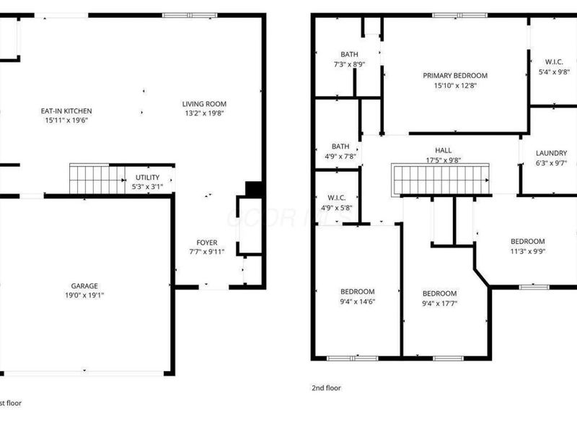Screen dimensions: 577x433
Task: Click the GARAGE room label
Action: [84, 286]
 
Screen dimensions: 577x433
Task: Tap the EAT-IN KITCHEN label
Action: [66, 111]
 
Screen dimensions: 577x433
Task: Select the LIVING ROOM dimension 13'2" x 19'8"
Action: [204, 113]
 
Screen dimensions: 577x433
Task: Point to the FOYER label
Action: [207, 242]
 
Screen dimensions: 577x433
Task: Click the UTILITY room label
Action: [148, 177]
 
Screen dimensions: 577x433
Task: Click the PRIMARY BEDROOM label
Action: [455, 76]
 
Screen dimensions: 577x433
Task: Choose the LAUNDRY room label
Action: [551, 153]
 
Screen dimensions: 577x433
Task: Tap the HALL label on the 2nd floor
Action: [444, 150]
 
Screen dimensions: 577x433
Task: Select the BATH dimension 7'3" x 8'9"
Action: [349, 64]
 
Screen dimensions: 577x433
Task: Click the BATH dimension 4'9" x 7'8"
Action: [340, 157]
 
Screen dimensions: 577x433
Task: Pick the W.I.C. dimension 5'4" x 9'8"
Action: [554, 72]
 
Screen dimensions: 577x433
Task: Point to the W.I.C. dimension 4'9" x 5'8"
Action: [337, 208]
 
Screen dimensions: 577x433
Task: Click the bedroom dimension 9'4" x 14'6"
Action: [358, 302]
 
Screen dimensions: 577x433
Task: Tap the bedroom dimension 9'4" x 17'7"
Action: [440, 304]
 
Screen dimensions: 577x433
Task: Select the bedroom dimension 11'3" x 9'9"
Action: [528, 251]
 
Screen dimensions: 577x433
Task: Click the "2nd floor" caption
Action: [327, 388]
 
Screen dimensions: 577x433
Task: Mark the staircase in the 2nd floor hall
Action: [440, 179]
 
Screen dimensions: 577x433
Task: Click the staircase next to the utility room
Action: [97, 178]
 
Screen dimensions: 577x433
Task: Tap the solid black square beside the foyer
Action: [254, 189]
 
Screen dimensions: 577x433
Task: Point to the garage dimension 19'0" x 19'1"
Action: [84, 295]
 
